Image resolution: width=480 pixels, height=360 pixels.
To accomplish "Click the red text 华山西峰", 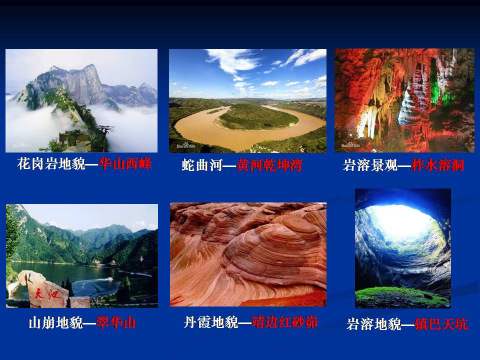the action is [125, 164].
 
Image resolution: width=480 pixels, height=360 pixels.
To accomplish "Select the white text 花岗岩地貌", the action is [51, 164].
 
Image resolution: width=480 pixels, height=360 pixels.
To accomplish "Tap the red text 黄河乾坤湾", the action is [269, 165].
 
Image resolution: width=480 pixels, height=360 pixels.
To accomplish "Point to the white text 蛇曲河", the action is [201, 165].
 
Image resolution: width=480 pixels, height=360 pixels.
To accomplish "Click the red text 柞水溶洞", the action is [438, 165].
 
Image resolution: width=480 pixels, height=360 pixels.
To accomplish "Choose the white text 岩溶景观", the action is [370, 165].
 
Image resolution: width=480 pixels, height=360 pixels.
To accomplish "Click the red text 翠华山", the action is [116, 322].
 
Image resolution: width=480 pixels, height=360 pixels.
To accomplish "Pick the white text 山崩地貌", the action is [55, 322].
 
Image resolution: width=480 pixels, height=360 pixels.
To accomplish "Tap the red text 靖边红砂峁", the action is [284, 322].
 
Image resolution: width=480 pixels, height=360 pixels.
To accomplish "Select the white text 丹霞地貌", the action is [211, 322].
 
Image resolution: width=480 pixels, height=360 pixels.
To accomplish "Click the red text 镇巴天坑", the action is [441, 324].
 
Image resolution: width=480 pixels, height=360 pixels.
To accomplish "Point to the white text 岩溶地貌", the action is [373, 324].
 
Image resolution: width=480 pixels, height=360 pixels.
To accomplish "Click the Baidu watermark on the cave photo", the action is [350, 144].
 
